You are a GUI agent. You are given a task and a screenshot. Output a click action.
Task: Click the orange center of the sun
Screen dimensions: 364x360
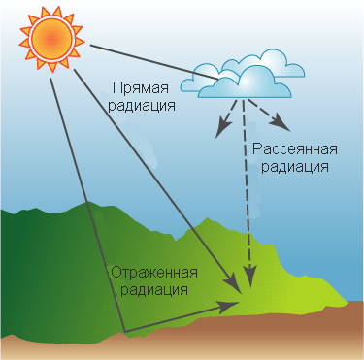point(51,39)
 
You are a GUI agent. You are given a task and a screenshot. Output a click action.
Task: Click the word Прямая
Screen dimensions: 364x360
point(141,87)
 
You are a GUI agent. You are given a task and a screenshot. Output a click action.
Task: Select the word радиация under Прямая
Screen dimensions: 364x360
point(142,106)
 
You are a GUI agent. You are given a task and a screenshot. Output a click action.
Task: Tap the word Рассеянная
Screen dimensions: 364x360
point(295,149)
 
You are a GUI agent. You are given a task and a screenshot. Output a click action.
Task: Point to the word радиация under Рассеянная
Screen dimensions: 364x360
point(295,167)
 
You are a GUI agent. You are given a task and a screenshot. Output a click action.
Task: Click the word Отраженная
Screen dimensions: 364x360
point(154,273)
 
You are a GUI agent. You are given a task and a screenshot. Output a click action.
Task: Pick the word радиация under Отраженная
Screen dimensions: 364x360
point(154,290)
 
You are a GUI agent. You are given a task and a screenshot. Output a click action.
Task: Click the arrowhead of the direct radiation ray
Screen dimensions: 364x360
point(234,281)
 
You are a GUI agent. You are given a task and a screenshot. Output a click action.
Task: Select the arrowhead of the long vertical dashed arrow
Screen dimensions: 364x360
point(249,276)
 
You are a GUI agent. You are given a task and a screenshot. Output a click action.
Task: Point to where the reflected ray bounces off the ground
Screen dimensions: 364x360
point(124,332)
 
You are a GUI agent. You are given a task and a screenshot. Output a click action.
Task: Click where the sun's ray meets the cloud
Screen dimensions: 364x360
point(218,78)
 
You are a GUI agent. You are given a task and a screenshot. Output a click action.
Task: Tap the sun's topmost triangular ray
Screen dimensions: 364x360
point(57,12)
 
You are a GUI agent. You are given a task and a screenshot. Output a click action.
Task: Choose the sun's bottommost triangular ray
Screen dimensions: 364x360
point(51,66)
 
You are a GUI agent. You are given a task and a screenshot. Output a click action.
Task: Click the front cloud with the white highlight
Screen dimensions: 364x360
point(245,83)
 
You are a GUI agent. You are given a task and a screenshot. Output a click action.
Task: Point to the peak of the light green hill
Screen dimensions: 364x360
point(207,219)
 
